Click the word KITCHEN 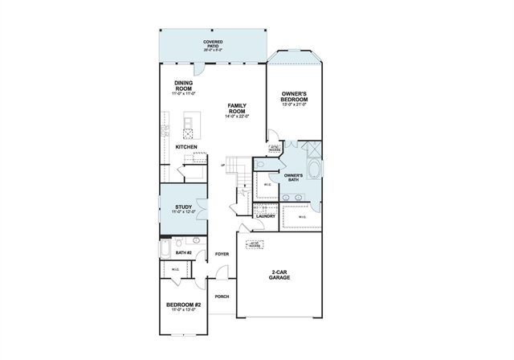[186, 147]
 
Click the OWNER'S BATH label [293, 178]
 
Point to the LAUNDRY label [265, 216]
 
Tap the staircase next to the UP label [235, 167]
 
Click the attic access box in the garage [255, 243]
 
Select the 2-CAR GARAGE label [279, 275]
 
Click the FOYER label [222, 254]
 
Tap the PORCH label [222, 297]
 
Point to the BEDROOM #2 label [184, 306]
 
